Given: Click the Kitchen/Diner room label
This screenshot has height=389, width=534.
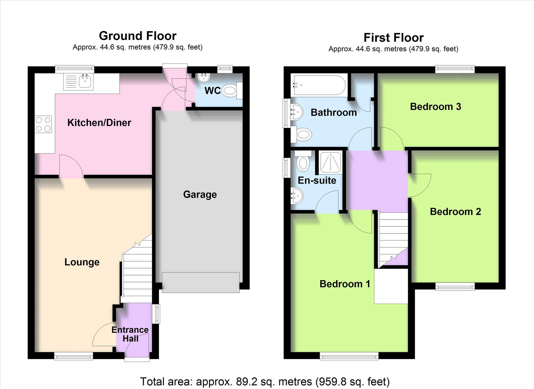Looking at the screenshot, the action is pos(99,123).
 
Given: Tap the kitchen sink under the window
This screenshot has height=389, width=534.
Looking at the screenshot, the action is pos(78,82).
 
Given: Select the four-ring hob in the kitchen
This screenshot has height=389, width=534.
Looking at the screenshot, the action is pos(43,124).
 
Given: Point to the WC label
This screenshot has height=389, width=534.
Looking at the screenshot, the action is pos(213,91).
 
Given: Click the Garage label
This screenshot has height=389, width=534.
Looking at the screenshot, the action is pos(200,194).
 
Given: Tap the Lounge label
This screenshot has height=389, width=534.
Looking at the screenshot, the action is pos(82,262).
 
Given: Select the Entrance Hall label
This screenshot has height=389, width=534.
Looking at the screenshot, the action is pos(130,334).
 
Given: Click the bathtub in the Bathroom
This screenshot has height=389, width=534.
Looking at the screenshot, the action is pos(319,85).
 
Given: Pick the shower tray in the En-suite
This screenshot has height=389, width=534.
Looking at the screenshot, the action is pos(331,162).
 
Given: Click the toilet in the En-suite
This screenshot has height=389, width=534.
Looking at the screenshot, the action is pos(303,161).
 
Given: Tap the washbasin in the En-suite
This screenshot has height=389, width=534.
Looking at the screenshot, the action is pos(297,196).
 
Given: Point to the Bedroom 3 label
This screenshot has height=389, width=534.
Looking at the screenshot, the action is pos(435,107).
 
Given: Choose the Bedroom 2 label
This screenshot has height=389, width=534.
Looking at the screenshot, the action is pos(455,212).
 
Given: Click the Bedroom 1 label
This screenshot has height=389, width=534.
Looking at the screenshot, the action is pos(345,284).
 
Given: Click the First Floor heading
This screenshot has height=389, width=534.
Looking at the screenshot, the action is pos(394,38).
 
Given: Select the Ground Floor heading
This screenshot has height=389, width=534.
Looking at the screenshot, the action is pos(138,36).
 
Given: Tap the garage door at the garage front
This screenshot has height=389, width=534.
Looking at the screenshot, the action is pos(201,283).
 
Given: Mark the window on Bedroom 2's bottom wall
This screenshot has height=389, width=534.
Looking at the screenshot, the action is pos(455,287).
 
